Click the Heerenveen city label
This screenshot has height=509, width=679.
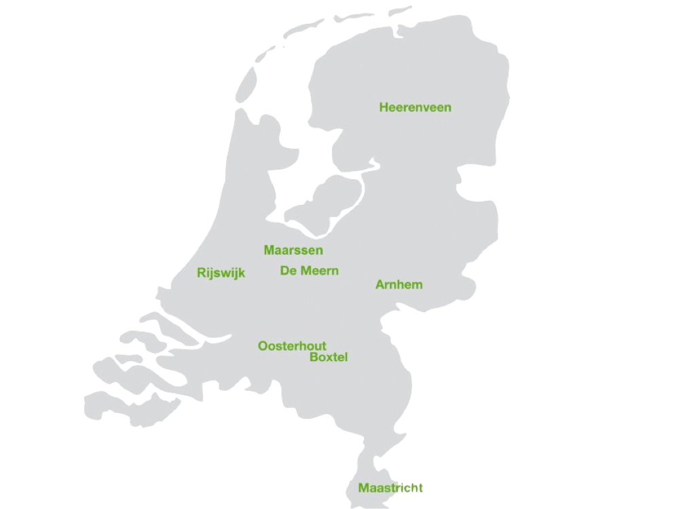[x=415, y=107]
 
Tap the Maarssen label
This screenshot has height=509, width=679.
[x=293, y=250]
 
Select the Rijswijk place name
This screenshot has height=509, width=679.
[x=221, y=273]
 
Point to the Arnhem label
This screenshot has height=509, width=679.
[x=399, y=284]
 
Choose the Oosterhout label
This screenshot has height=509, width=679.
[x=292, y=346]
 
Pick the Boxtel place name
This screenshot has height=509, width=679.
[x=328, y=358]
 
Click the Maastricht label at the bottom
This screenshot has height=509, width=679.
[x=390, y=488]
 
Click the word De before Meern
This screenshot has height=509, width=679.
[x=288, y=271]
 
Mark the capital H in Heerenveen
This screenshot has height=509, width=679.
[x=384, y=107]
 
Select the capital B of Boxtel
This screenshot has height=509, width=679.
[x=313, y=358]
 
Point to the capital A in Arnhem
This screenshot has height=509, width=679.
[x=380, y=284]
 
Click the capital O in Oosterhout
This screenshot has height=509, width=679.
[x=262, y=346]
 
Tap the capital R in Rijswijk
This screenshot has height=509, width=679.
[x=201, y=273]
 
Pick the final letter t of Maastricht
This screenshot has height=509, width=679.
[x=420, y=488]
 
